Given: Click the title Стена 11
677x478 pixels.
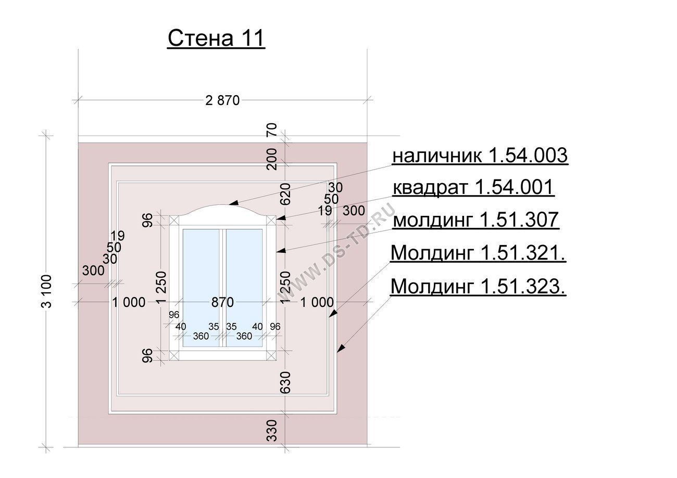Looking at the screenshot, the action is point(217,38).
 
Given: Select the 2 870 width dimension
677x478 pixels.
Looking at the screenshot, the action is point(222,100).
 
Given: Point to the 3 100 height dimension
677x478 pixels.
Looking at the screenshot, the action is point(46,291).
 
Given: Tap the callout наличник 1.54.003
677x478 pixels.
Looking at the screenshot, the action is point(480,156).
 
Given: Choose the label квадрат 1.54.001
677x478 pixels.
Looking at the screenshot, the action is point(473,187).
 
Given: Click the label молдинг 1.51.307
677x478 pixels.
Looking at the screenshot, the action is point(475,219).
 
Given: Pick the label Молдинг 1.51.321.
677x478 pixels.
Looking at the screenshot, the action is point(478,253).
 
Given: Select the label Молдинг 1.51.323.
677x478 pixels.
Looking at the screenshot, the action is point(478,286).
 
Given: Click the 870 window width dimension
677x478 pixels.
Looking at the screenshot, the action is point(222,302).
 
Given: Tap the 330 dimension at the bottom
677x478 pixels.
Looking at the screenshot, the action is point(272,430).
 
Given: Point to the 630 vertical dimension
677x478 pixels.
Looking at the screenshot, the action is point(285,383).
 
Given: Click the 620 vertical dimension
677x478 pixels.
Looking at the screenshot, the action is point(285,194).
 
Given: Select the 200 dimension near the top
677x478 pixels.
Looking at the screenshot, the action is point(272,159).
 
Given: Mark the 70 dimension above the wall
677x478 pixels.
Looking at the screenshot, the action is point(272,130).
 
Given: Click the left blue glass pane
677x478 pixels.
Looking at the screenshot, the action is point(201,288).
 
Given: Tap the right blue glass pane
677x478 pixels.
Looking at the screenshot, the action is point(244,288).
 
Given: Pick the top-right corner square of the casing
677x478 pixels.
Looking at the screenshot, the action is point(271,221).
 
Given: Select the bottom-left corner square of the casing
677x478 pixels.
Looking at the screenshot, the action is point(174,355).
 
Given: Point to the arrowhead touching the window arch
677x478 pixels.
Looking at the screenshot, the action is point(233,202).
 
